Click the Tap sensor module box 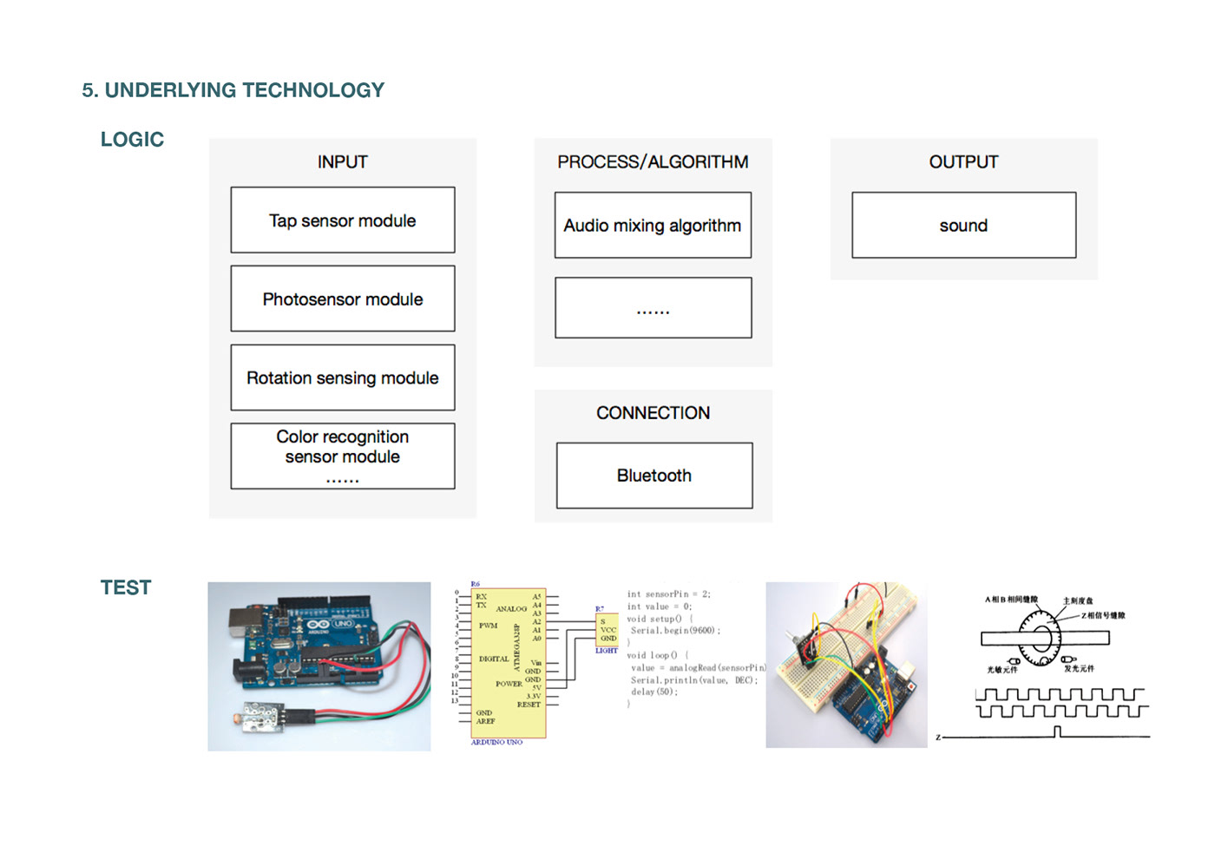coord(342,220)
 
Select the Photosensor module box coord(342,298)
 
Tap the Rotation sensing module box coord(342,377)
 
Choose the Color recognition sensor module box coord(342,456)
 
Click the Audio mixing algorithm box coord(653,226)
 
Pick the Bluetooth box coord(653,475)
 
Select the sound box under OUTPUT coord(963,226)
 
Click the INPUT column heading coord(342,162)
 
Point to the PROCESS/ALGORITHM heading coord(653,162)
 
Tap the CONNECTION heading coord(653,413)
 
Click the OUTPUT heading coord(963,162)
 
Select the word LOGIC coord(132,140)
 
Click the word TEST coord(126,587)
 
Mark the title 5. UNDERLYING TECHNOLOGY coord(233,90)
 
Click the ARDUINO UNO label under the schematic coord(496,742)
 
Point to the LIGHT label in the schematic coord(607,650)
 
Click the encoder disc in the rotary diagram coord(1041,639)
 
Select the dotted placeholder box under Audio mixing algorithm coord(653,308)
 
